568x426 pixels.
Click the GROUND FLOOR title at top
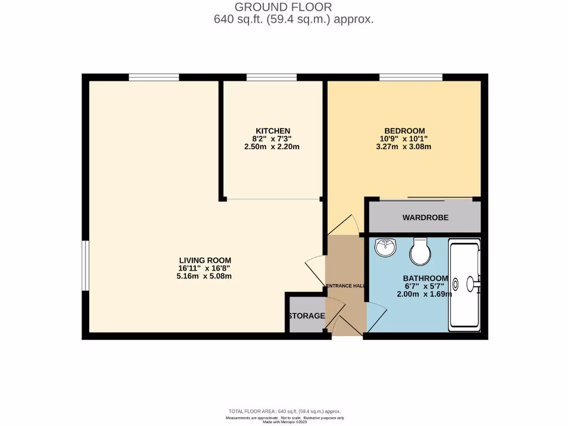[x=283, y=7]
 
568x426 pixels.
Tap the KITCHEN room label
[x=272, y=130]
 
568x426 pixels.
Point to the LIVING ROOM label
[x=205, y=260]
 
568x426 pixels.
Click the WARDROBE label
[x=425, y=217]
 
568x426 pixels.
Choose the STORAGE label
[x=306, y=316]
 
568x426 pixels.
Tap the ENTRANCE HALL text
[x=345, y=286]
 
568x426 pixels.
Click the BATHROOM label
[x=425, y=278]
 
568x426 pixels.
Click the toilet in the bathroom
[x=420, y=252]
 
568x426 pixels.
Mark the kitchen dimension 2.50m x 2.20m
[x=272, y=147]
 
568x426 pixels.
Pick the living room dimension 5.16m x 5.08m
[x=205, y=276]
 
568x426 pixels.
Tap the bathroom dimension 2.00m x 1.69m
[x=425, y=294]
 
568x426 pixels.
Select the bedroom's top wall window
[x=410, y=77]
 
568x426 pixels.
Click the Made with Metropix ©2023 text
[x=285, y=422]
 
